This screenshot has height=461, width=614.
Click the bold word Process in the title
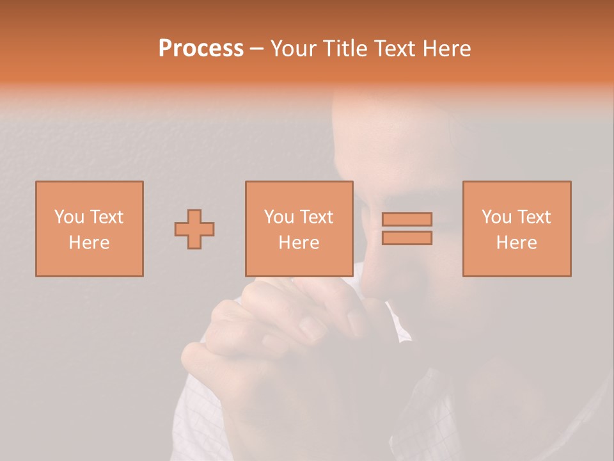tap(201, 49)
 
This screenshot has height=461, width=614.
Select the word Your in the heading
tap(295, 49)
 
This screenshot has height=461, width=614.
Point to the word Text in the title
tap(395, 49)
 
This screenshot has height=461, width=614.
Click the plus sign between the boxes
tap(194, 229)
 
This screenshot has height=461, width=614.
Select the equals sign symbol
tap(407, 229)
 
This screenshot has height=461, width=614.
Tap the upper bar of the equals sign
tap(407, 219)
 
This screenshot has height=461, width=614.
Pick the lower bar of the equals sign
tap(407, 238)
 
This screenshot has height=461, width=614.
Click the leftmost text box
tap(90, 229)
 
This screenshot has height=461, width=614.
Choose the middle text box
tap(299, 229)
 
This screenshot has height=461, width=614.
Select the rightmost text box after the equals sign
tap(517, 229)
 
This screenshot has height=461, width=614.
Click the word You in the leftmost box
tap(69, 216)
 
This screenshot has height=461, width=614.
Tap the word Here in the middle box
tap(299, 242)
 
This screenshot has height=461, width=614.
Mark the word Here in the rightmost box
tap(517, 242)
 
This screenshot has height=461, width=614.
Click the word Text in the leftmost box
tap(106, 216)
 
